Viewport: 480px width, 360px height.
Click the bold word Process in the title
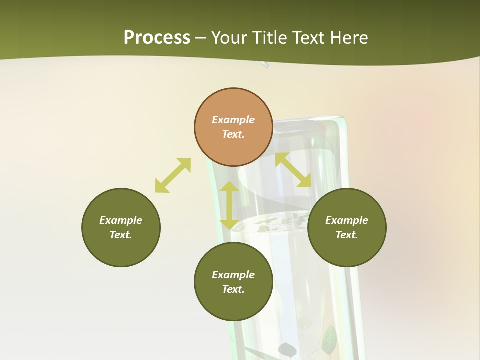(x=157, y=38)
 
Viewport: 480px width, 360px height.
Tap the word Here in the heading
(x=348, y=38)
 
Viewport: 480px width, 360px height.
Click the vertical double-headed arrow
(x=229, y=205)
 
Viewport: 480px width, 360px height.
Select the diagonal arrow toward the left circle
(x=173, y=175)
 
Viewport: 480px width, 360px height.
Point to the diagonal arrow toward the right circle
(x=293, y=170)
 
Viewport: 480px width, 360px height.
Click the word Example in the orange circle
(x=233, y=120)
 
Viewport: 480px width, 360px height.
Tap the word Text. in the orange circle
(x=233, y=134)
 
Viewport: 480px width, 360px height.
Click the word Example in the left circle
(x=121, y=220)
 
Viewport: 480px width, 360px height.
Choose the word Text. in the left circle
(x=121, y=235)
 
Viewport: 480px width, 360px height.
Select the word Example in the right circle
(x=347, y=220)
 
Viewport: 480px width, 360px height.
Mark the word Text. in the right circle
(x=347, y=235)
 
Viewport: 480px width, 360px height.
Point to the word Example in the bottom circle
(x=233, y=275)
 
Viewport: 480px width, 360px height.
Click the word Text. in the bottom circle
(x=233, y=289)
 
